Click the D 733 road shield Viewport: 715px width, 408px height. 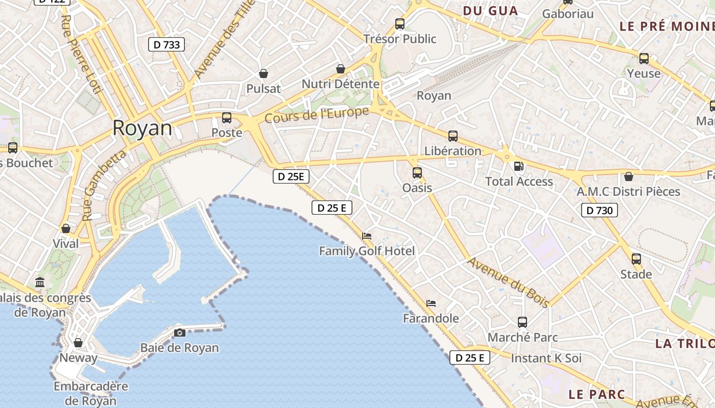[166, 44]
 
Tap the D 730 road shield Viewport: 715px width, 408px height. [600, 210]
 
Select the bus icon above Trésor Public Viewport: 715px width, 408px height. [400, 23]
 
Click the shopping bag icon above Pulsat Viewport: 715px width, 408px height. [264, 73]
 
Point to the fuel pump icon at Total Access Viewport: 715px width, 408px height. [519, 166]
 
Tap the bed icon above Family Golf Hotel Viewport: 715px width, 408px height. [367, 236]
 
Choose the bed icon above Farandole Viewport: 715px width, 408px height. [431, 303]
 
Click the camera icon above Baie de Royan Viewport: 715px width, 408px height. [180, 333]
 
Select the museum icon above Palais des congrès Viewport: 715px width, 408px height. [40, 282]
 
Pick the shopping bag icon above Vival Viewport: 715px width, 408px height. [65, 228]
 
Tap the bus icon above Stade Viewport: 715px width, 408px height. [636, 259]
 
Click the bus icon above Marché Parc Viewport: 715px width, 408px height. [522, 322]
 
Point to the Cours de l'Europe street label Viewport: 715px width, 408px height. [317, 115]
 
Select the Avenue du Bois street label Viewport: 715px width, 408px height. [509, 282]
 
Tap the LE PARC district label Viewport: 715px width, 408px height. [597, 394]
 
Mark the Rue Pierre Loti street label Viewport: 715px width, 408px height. [81, 54]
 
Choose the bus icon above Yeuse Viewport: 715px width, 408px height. [644, 58]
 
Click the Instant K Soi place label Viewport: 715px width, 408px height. [546, 358]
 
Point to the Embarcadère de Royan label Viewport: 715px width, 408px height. [90, 393]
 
